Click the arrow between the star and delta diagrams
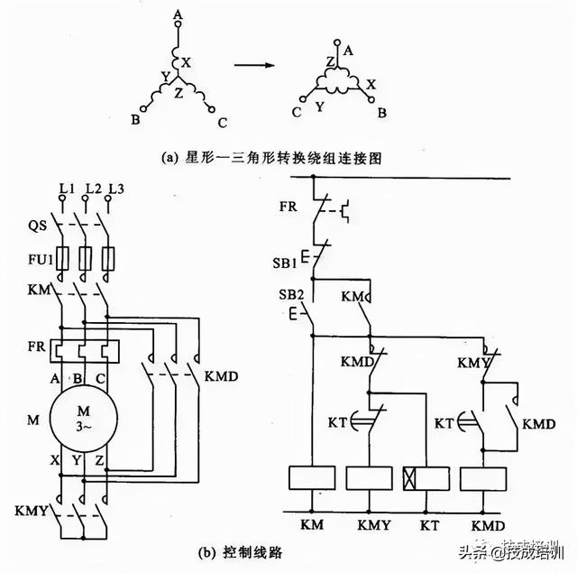click(255, 64)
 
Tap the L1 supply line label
click(66, 187)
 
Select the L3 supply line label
click(114, 187)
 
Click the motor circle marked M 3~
click(82, 420)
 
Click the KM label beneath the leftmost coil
click(312, 522)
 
